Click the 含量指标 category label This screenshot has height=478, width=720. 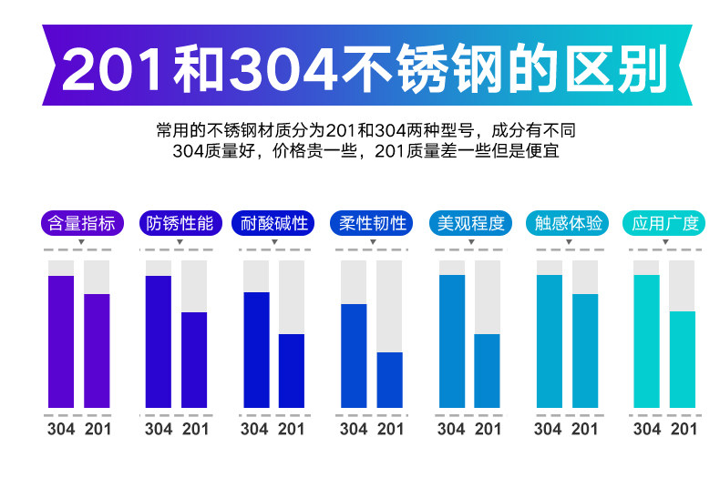[81, 223]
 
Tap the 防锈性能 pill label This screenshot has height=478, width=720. [179, 223]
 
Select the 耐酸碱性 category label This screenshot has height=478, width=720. [275, 223]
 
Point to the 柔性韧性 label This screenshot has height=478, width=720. [373, 223]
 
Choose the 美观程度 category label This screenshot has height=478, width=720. [470, 223]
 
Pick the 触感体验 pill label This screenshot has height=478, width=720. [568, 223]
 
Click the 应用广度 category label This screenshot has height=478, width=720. [665, 223]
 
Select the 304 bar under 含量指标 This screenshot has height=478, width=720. [61, 341]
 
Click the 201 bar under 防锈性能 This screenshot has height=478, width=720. [194, 360]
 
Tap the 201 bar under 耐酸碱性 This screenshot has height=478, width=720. [292, 371]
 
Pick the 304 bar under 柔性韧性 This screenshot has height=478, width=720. [354, 355]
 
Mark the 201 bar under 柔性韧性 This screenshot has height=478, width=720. [389, 380]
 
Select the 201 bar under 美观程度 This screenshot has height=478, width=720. [488, 371]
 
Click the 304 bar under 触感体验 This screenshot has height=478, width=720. [550, 341]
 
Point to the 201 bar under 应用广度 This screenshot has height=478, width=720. [682, 360]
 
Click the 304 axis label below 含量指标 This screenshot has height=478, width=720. [61, 429]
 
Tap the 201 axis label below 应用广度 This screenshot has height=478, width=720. [683, 429]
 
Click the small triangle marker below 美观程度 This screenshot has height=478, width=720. [470, 242]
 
